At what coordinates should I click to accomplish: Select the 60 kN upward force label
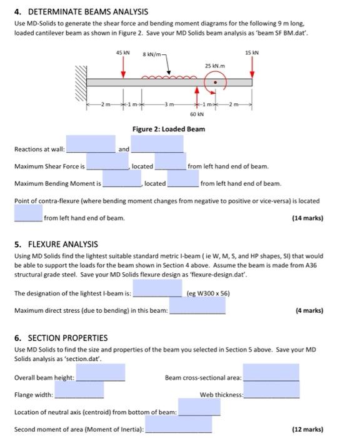(x=195, y=115)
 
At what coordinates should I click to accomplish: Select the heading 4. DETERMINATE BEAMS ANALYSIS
(x=81, y=12)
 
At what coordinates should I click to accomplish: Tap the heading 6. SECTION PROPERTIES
(x=61, y=338)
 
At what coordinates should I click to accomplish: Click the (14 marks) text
(x=307, y=218)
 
